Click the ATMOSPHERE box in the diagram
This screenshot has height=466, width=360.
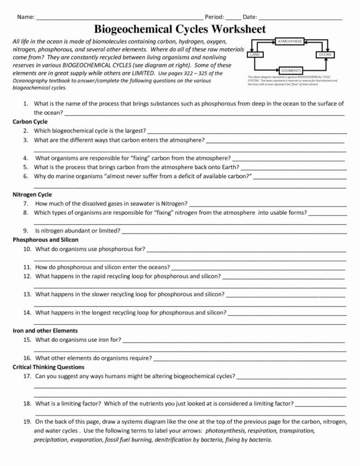pyautogui.click(x=290, y=42)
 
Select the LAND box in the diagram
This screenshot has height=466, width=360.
pyautogui.click(x=255, y=55)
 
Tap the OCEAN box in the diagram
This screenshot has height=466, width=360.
pyautogui.click(x=325, y=55)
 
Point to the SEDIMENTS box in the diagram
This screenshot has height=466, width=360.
pyautogui.click(x=290, y=71)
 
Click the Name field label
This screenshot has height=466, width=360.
pyautogui.click(x=26, y=17)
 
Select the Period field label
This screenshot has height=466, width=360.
pyautogui.click(x=215, y=17)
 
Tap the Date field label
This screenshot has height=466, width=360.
pyautogui.click(x=250, y=17)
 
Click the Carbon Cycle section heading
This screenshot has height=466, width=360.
pyautogui.click(x=30, y=122)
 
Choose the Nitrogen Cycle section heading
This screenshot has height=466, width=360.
pyautogui.click(x=32, y=195)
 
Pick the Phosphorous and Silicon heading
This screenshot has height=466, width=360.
pyautogui.click(x=46, y=239)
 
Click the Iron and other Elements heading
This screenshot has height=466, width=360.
pyautogui.click(x=45, y=331)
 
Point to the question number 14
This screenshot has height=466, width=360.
pyautogui.click(x=27, y=312)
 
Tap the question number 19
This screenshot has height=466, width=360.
pyautogui.click(x=27, y=421)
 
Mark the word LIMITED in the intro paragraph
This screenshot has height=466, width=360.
pyautogui.click(x=141, y=73)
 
